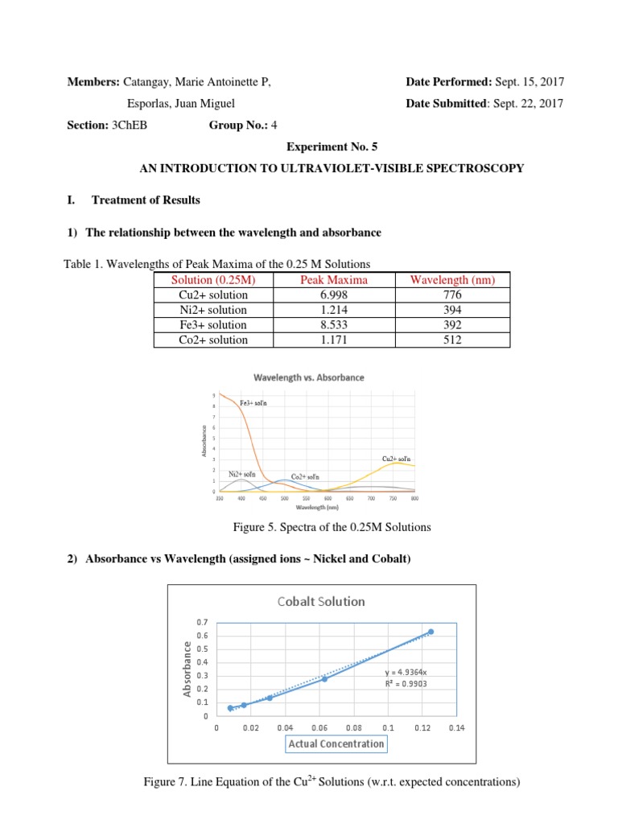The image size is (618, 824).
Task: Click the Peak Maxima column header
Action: pos(333,280)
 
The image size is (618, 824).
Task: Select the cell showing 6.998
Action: pos(333,295)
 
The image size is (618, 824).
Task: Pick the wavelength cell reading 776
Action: pos(452,295)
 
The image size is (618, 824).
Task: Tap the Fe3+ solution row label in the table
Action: pos(213,325)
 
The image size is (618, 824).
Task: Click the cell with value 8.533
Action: pos(333,325)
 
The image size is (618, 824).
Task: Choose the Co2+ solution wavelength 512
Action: pos(452,340)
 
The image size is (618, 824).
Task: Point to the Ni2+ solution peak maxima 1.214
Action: pos(333,310)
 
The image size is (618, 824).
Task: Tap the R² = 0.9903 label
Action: pos(407,685)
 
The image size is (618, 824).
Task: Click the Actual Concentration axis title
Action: pos(336,744)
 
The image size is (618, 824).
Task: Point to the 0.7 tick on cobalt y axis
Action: pos(201,623)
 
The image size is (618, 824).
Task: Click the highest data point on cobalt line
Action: pos(431,632)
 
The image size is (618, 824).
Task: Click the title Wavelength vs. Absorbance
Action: pos(309,377)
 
